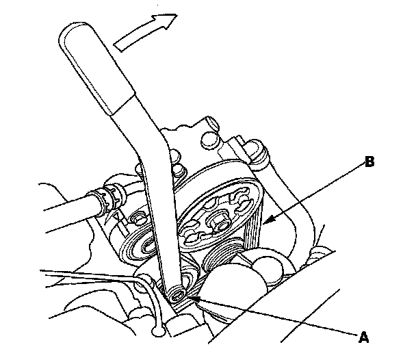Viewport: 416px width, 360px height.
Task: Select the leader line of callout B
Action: coord(315,192)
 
